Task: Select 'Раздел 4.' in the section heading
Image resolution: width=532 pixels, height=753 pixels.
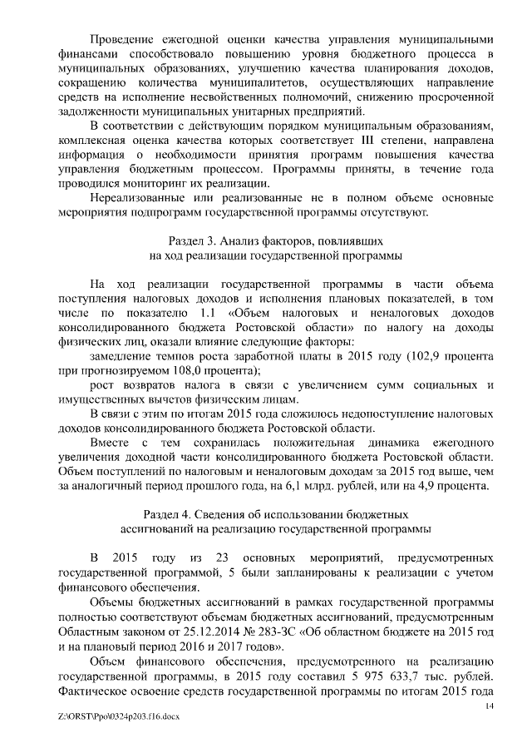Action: [x=170, y=513]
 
